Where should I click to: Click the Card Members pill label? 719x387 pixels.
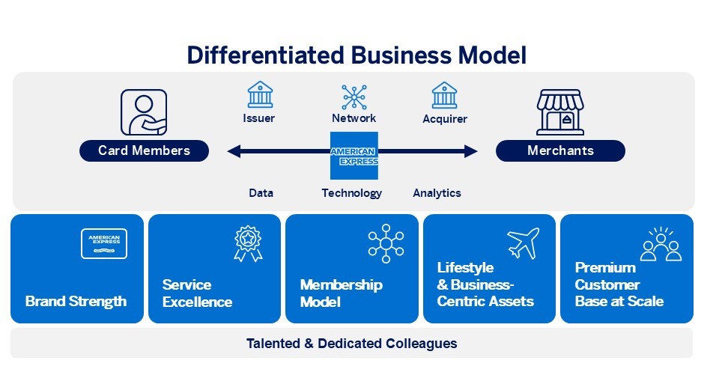coord(144,151)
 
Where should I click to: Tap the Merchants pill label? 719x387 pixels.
coord(560,151)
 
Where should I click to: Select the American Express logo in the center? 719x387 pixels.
coord(354,156)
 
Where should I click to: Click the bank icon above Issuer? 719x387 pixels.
coord(260,95)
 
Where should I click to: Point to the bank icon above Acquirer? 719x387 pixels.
coord(444,95)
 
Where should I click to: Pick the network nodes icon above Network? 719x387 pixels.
coord(354,97)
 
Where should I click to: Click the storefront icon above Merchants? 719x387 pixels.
coord(560,112)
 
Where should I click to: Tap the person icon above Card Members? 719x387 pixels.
coord(144,112)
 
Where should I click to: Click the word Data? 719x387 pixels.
coord(261,193)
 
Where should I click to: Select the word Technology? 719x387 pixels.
coord(352,193)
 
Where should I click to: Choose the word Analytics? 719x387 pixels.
coord(437,193)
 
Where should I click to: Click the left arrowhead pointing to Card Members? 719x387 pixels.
coord(234,152)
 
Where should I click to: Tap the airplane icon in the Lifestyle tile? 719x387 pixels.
coord(523,243)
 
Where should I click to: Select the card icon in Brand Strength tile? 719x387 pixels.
coord(104,243)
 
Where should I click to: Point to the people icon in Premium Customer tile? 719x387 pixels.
coord(661,245)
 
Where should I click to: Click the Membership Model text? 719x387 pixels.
coord(341,293)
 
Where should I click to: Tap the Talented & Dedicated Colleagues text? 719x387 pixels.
coord(351,344)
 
